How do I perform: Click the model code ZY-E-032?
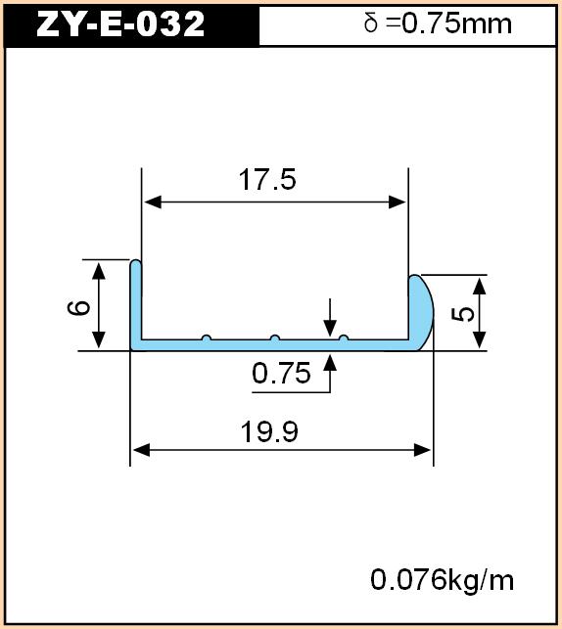120,23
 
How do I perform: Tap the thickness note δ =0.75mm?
438,23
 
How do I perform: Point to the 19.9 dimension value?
269,431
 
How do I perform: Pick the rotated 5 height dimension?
463,314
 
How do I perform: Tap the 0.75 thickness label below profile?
281,373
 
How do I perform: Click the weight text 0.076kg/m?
442,580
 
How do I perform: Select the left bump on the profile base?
207,337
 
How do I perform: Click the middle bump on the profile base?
274,337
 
